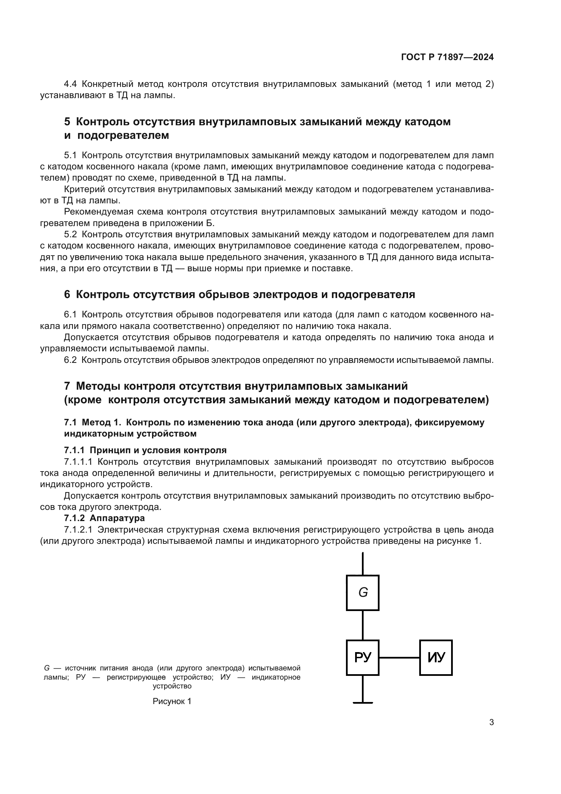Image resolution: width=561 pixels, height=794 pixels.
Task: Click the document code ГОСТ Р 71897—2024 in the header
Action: [x=447, y=57]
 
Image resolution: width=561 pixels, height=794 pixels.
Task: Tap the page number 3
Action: [x=491, y=722]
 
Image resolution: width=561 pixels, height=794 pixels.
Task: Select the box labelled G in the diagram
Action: [x=362, y=593]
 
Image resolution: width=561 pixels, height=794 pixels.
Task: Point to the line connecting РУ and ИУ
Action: [x=399, y=658]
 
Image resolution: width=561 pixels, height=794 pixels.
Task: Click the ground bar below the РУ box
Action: [x=363, y=703]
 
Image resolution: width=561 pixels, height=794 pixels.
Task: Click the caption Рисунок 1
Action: [x=172, y=701]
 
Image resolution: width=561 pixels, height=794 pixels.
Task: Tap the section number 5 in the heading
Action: [x=67, y=122]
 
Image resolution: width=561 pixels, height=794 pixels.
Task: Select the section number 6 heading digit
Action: [x=67, y=295]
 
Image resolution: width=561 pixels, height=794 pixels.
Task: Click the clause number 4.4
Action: [x=71, y=84]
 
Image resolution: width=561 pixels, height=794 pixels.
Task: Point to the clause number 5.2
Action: [x=71, y=235]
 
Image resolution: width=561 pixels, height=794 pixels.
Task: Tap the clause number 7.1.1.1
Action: [x=78, y=462]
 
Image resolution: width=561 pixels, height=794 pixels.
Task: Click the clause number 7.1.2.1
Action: [x=78, y=530]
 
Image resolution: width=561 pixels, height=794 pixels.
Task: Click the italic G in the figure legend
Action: [x=46, y=668]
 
